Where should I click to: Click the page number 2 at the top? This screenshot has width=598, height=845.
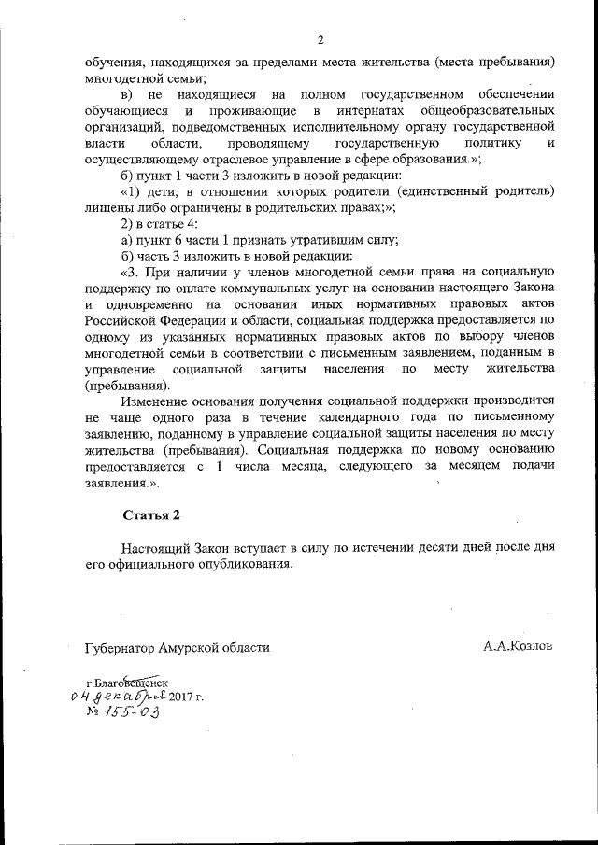[x=320, y=40]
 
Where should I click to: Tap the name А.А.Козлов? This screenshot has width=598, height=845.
[x=519, y=645]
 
